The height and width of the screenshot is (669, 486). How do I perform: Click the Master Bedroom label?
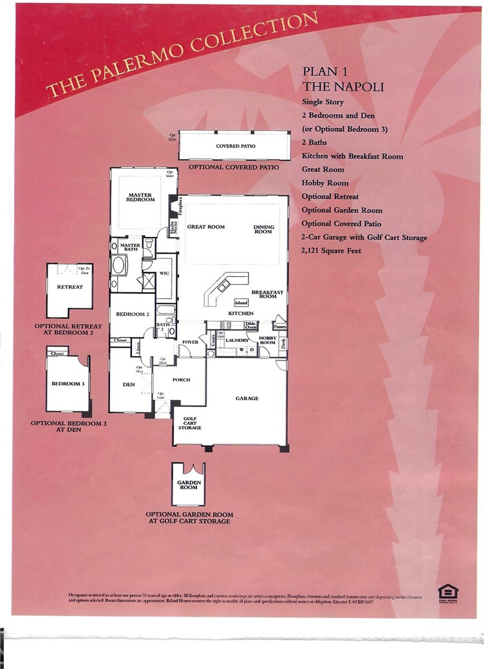point(141,197)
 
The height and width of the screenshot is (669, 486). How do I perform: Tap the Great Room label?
point(205,227)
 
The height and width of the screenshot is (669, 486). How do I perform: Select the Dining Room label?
point(263,229)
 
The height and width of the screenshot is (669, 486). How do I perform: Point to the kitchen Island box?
point(241,302)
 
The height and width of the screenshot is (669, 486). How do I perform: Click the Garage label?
point(247,399)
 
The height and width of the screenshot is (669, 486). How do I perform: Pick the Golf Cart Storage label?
point(190,422)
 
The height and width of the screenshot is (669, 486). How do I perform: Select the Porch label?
point(182,380)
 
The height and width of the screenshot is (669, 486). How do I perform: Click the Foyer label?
point(190,342)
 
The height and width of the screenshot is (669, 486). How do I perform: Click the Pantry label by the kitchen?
point(279,326)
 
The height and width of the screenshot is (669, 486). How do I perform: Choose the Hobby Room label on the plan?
point(267,340)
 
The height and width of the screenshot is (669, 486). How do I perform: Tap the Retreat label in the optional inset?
point(70,287)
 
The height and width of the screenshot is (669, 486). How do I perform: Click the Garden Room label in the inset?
point(189,485)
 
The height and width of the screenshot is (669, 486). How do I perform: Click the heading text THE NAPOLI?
point(342,87)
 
